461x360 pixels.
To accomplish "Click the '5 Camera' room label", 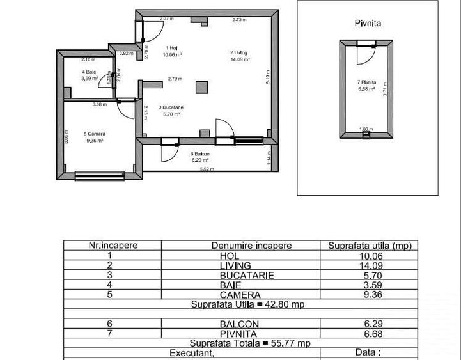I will click(94, 134).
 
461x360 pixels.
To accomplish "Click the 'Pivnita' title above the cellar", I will click(368, 23).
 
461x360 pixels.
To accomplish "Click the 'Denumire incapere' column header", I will click(251, 246).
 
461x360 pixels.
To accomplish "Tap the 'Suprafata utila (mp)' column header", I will click(370, 246).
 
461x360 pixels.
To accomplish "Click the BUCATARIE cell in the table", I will click(251, 276).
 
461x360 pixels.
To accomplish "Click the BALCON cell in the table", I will click(251, 324).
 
